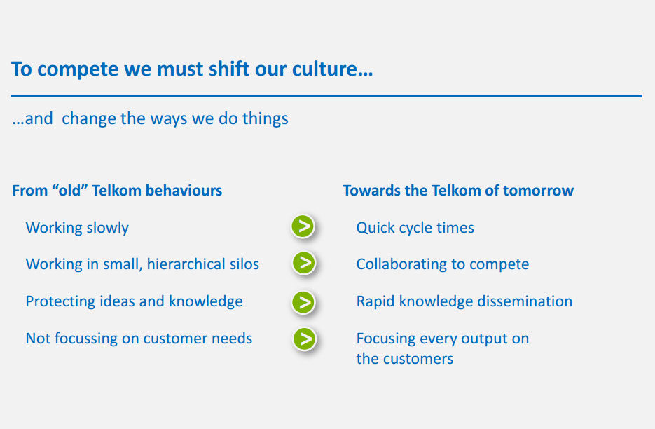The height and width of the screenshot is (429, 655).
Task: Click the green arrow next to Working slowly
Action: click(x=303, y=226)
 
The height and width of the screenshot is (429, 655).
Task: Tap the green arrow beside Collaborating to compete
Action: click(x=304, y=263)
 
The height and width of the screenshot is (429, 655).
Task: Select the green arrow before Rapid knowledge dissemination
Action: click(x=303, y=302)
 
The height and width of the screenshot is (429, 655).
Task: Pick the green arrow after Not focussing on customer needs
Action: click(x=305, y=339)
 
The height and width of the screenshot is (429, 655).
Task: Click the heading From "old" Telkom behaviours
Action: click(x=117, y=191)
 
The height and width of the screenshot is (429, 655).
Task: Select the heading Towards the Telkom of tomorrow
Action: click(x=458, y=191)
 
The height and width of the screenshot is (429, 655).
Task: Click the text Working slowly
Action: click(x=77, y=228)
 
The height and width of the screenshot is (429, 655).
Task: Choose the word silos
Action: click(x=244, y=264)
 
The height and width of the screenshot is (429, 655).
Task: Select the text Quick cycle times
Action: click(x=415, y=228)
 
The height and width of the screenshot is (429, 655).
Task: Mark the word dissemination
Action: click(x=525, y=301)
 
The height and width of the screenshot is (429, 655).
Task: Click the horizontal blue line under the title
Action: click(x=326, y=96)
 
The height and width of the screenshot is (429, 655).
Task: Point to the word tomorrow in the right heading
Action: click(x=539, y=191)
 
